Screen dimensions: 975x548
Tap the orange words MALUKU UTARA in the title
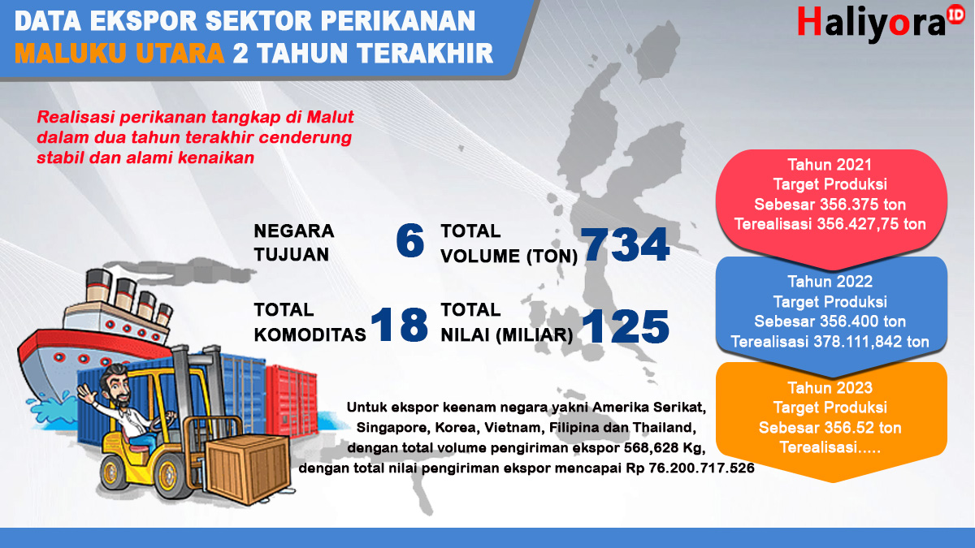(119, 54)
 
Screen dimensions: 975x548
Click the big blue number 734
(625, 244)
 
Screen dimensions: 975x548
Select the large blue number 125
(625, 326)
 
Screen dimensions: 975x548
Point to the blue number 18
(399, 325)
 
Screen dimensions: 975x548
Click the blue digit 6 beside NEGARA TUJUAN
(410, 240)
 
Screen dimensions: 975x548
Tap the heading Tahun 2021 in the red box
(830, 165)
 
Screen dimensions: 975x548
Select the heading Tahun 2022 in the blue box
(830, 282)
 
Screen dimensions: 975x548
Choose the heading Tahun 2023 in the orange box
(830, 387)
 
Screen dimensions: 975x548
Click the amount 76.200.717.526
(701, 468)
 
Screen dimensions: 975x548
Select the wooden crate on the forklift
(248, 469)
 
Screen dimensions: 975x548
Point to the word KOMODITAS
(310, 334)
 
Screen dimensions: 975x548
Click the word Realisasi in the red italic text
(76, 117)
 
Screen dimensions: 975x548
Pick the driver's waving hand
(87, 394)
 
